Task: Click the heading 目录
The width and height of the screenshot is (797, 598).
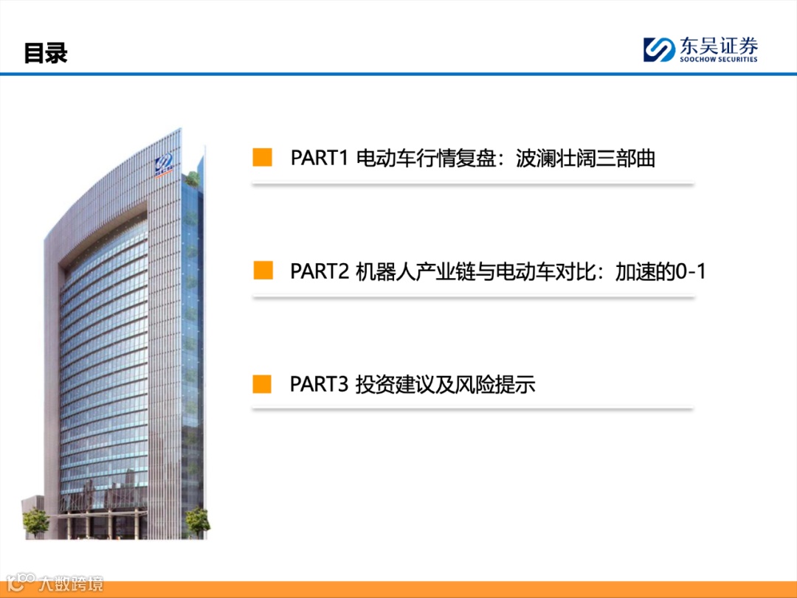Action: pos(46,53)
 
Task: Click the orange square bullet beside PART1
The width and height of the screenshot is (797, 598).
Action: pos(263,158)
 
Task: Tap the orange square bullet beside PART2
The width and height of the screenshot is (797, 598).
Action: pos(263,271)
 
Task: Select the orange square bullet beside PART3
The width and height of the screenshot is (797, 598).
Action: pos(263,384)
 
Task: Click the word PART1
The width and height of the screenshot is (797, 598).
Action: pos(319,159)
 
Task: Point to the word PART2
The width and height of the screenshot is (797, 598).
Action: pos(319,271)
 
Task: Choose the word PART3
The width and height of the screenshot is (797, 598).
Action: pos(319,385)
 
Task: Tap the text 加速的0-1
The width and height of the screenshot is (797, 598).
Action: pos(660,271)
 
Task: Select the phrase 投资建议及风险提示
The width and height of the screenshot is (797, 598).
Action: pos(445,385)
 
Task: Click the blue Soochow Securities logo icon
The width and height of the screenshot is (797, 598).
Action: pos(658,49)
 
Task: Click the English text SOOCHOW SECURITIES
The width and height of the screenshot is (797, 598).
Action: pos(719,60)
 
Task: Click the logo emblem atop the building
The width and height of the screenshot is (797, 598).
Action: pos(163,166)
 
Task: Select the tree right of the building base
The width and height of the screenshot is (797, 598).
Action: pos(197,520)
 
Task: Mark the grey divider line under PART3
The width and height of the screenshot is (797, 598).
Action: pos(472,408)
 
